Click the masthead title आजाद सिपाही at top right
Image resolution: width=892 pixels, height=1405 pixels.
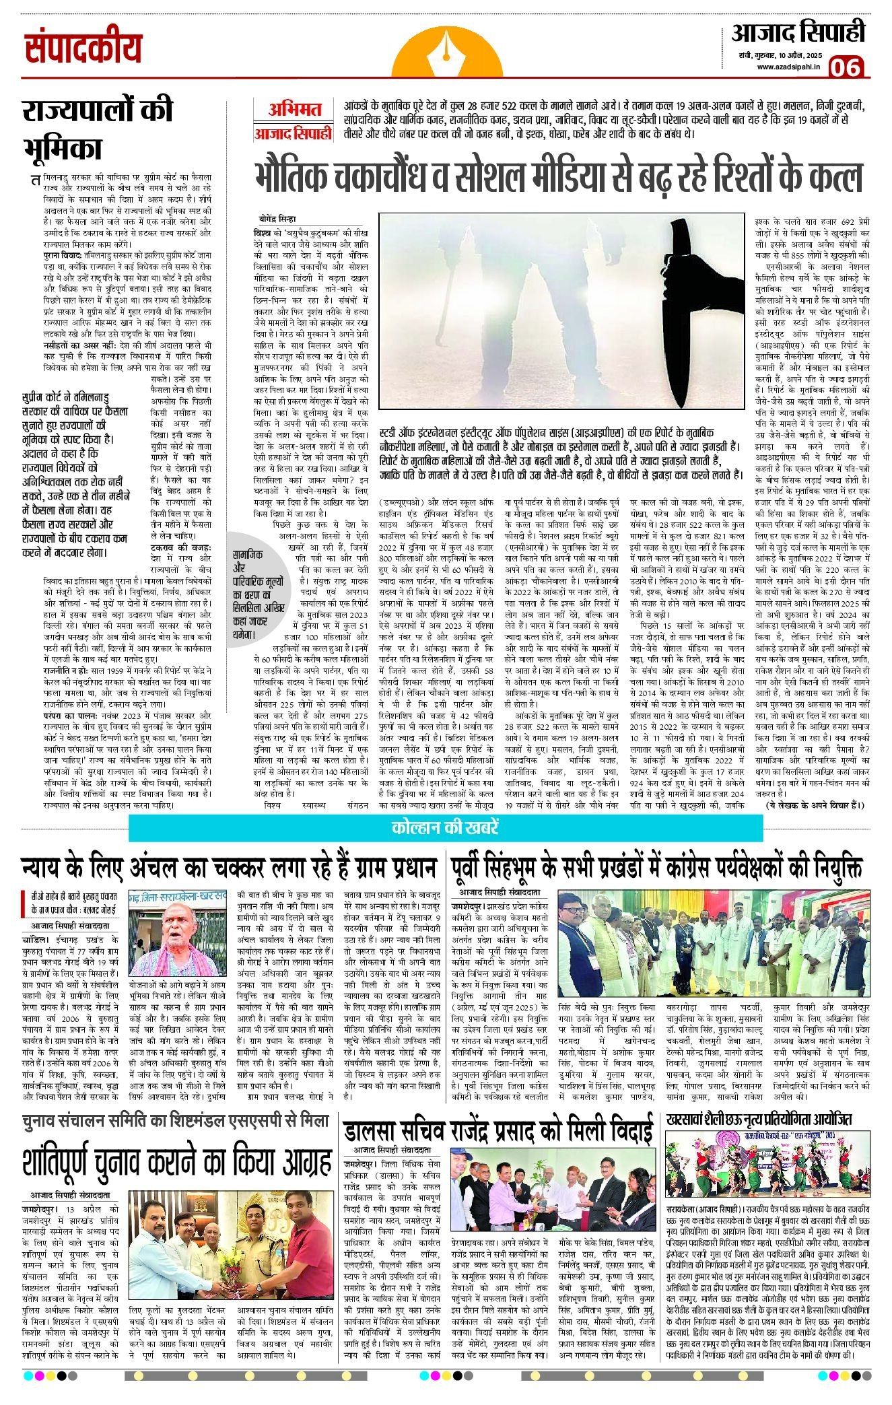(798, 32)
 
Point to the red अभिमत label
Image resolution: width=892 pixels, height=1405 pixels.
(294, 110)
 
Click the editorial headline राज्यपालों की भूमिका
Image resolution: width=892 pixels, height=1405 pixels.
(98, 128)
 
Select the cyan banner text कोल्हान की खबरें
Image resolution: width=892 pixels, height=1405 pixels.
(445, 827)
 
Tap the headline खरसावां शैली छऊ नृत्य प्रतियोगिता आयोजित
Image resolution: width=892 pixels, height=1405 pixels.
(759, 1119)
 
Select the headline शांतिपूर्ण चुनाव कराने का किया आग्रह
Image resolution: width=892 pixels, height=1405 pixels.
(176, 1161)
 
